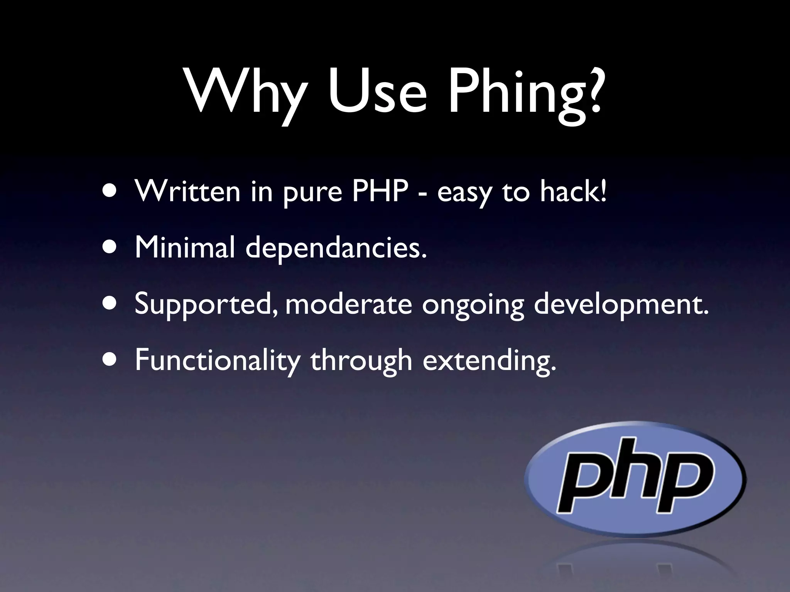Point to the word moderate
(x=349, y=304)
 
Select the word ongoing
(x=473, y=307)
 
